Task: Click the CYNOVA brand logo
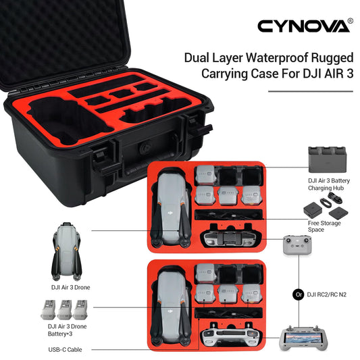[x=303, y=26]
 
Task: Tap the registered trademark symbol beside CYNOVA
[x=351, y=21]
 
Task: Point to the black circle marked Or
[x=299, y=294]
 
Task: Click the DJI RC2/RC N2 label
[x=326, y=294]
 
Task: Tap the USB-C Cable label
[x=65, y=349]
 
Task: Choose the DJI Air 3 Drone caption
[x=70, y=287]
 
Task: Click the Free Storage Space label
[x=324, y=226]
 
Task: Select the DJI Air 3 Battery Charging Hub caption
[x=328, y=184]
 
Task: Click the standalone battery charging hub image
[x=327, y=159]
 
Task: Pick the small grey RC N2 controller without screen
[x=297, y=245]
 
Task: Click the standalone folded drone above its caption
[x=67, y=251]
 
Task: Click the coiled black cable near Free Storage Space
[x=331, y=199]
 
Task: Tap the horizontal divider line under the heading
[x=311, y=91]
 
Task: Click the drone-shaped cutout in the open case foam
[x=69, y=122]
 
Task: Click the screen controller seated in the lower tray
[x=231, y=334]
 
